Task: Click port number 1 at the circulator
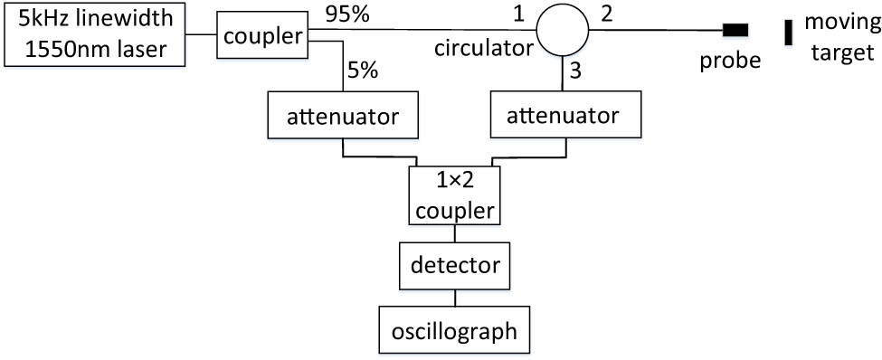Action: coord(518,14)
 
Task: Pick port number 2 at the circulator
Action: coord(607,14)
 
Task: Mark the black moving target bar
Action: coord(789,32)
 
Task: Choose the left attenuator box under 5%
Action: coord(343,116)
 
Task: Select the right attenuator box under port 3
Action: coord(565,116)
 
